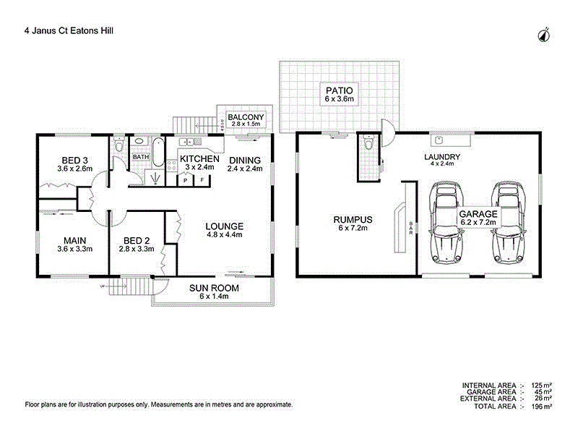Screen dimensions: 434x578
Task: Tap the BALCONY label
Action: point(246,116)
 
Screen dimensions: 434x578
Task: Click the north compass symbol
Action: point(544,33)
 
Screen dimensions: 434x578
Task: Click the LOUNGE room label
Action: point(225,225)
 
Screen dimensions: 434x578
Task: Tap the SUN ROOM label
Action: point(214,287)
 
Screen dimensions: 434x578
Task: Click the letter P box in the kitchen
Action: point(186,180)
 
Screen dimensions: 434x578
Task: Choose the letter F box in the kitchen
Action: point(202,180)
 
